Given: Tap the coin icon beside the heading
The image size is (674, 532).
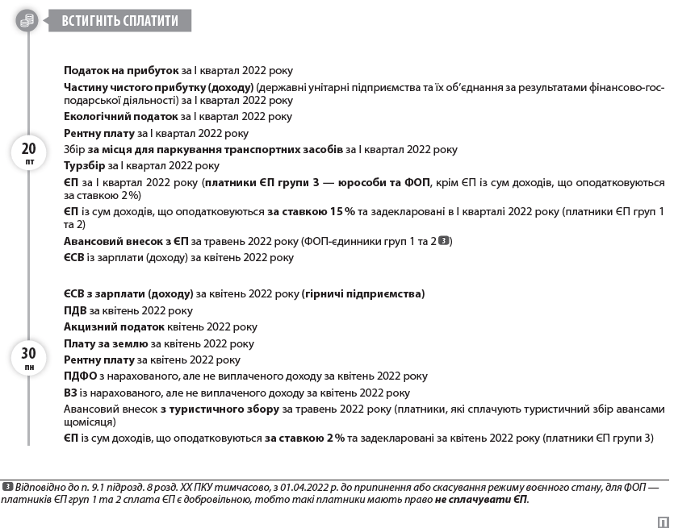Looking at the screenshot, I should coord(27,20).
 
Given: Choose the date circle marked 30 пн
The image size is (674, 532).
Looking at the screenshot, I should coord(28,357).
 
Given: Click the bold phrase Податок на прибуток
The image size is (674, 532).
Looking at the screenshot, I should coord(121,71).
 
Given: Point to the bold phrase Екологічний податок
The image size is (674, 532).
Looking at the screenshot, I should coord(121,117).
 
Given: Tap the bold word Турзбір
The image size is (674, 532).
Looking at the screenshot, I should coord(84,166).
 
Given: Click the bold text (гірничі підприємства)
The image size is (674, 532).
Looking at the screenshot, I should coord(363,294).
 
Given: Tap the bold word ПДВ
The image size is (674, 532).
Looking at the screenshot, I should coord(75,310).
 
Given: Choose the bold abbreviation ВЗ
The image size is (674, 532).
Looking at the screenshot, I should coord(71,393).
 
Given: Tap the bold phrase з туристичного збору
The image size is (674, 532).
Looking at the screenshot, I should coord(219,409).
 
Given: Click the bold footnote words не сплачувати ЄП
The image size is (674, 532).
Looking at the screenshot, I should coord(481,500).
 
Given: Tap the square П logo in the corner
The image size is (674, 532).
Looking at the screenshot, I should coord(662,520).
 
